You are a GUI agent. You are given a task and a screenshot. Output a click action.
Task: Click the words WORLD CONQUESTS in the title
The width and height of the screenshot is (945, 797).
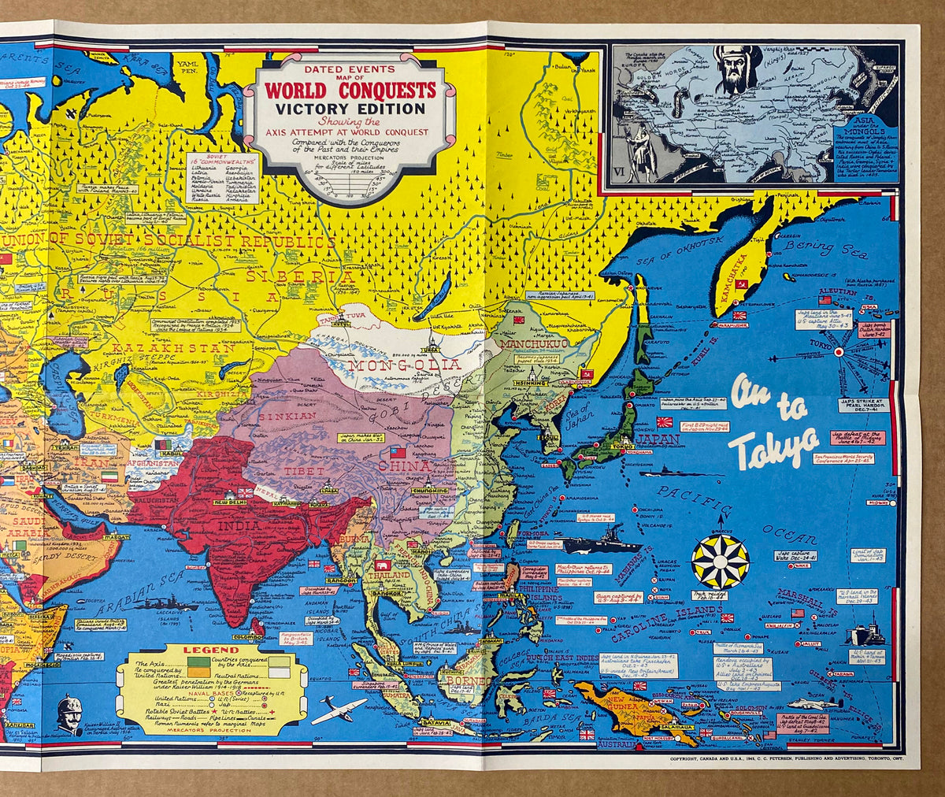[350, 90]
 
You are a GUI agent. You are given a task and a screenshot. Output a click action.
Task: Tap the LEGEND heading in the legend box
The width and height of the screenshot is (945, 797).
[200, 651]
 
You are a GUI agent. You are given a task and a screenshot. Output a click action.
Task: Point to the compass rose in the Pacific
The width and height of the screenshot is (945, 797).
[720, 561]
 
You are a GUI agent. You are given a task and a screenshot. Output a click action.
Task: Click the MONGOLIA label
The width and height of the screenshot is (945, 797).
[405, 365]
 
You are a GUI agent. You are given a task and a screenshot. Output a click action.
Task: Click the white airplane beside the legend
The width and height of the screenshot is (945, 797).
[339, 711]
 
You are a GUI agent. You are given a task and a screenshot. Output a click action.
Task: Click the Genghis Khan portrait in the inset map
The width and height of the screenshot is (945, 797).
[737, 69]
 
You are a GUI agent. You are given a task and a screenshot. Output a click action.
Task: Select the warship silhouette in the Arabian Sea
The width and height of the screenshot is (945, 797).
[165, 605]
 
